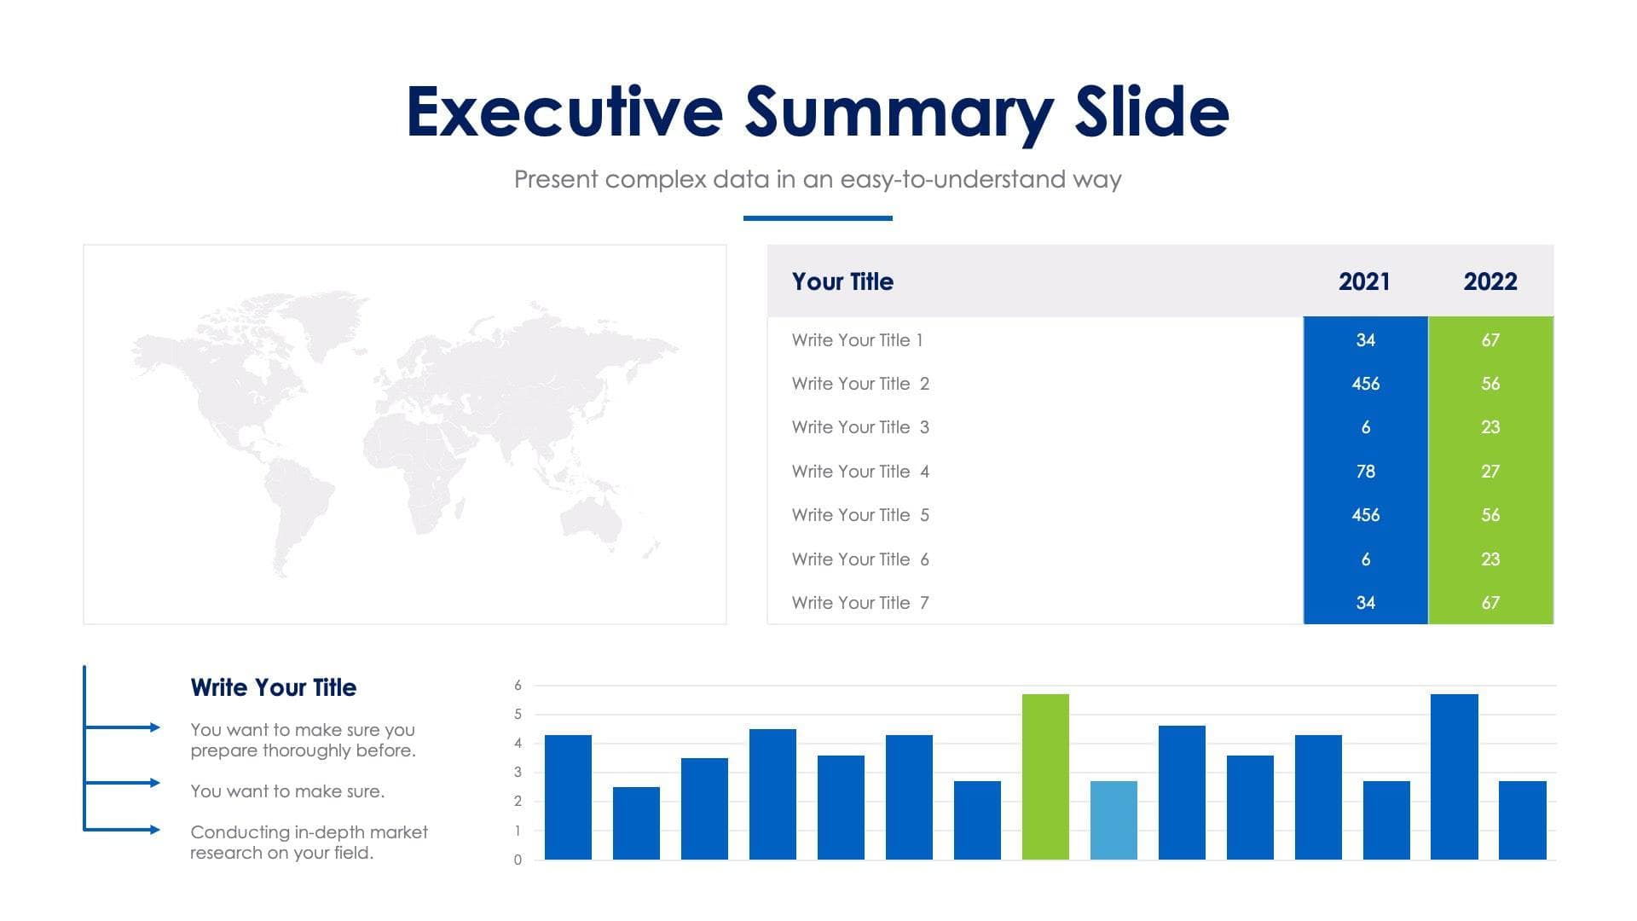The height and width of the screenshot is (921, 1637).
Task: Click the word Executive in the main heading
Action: click(565, 112)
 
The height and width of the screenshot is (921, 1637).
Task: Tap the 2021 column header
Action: click(1364, 281)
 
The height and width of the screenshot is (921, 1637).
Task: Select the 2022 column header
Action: click(1490, 281)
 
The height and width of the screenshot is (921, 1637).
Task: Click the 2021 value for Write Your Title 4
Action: click(1365, 472)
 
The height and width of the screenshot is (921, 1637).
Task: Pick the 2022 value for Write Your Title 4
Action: click(1490, 472)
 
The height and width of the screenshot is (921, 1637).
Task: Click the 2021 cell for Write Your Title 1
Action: click(1365, 340)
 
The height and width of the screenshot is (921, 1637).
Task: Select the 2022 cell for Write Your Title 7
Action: click(1490, 603)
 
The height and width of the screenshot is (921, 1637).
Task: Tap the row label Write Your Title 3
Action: click(860, 427)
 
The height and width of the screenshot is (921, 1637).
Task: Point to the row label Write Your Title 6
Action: click(860, 559)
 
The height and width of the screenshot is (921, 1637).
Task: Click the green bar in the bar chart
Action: click(1045, 777)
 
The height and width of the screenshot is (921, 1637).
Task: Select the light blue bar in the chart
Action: click(1114, 820)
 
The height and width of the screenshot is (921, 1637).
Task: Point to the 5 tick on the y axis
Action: click(518, 715)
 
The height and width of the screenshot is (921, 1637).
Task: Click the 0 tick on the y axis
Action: click(518, 860)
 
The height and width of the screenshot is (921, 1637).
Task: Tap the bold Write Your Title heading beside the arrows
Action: click(274, 687)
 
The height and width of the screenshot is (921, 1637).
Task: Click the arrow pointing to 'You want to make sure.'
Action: click(122, 783)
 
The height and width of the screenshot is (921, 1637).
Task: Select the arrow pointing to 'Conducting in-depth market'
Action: click(122, 830)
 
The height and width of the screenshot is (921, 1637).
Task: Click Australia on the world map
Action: click(590, 517)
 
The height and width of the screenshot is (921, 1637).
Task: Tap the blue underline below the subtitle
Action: click(818, 218)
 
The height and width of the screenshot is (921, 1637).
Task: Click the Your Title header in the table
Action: click(842, 281)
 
